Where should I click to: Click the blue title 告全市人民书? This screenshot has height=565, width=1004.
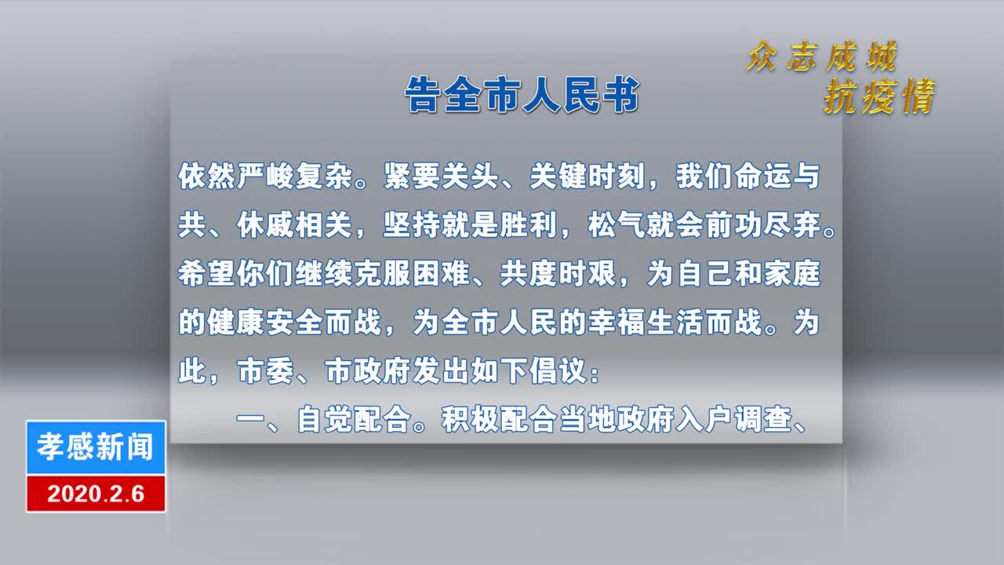522,95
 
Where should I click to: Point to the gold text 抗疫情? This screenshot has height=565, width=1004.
879,97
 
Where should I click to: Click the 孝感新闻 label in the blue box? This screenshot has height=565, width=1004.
96,447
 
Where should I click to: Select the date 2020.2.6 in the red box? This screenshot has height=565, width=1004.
96,494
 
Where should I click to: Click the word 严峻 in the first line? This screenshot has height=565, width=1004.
265,177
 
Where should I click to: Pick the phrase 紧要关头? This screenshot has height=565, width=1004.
441,177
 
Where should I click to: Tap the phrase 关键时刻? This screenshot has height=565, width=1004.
587,177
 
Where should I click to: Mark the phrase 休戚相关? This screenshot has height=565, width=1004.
294,225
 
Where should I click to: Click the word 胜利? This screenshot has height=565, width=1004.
529,225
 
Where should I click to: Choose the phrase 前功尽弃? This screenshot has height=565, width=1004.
762,225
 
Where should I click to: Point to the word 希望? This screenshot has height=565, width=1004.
206,274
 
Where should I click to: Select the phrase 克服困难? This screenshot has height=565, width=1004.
412,274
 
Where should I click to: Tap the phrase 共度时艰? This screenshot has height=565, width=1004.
558,274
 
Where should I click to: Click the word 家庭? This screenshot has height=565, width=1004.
792,274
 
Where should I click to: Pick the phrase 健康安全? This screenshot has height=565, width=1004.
265,323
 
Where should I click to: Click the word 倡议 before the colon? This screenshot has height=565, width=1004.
558,371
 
